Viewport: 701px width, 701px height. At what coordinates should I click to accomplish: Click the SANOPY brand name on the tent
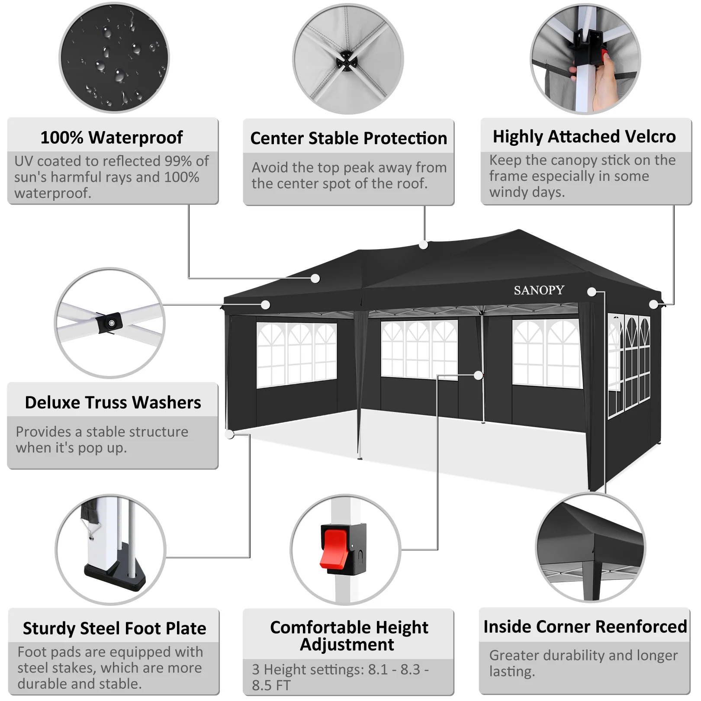point(539,290)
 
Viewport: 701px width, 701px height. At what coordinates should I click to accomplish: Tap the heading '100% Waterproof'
point(112,138)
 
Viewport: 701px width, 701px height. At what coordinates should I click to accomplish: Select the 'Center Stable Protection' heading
point(348,138)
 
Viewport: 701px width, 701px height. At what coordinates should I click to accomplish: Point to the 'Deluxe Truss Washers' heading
point(113,402)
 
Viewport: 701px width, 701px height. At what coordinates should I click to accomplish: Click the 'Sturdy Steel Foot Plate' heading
point(115,628)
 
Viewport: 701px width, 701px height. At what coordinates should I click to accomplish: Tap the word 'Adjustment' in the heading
point(347,645)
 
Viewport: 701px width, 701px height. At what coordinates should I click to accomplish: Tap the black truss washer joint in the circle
point(109,323)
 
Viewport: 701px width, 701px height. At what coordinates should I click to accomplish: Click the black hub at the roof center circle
point(347,61)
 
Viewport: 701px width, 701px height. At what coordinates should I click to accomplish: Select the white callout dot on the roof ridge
point(424,245)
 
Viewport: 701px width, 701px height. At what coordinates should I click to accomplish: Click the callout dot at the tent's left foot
point(230,434)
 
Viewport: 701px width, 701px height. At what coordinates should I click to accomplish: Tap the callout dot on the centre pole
point(478,375)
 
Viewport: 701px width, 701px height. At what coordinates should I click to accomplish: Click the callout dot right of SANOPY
point(592,292)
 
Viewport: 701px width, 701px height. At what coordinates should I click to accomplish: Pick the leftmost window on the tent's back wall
point(296,355)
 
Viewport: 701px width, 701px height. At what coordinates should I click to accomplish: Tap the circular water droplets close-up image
point(114,58)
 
